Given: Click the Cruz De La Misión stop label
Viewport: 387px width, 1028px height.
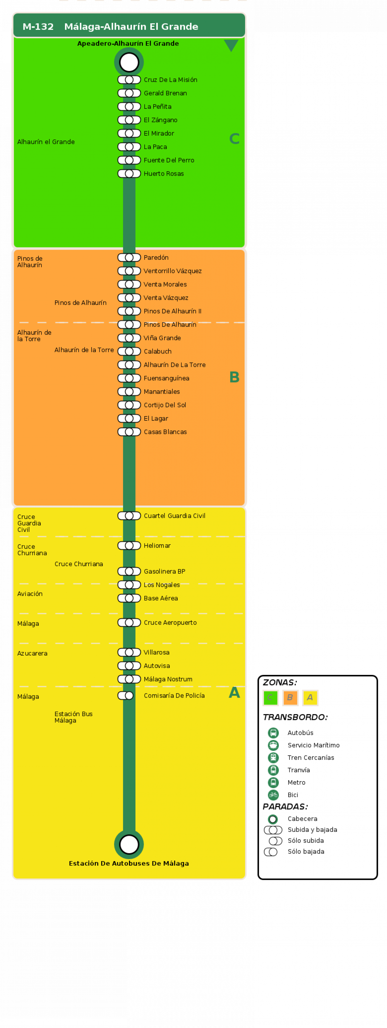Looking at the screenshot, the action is (x=170, y=80).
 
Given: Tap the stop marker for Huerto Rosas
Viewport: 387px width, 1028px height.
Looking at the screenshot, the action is (x=129, y=174).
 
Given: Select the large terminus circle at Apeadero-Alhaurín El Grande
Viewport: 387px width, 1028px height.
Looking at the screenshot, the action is (x=129, y=62).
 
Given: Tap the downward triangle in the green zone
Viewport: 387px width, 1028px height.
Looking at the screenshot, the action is (x=231, y=45).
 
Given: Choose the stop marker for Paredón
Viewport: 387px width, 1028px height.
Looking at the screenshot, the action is (x=129, y=257).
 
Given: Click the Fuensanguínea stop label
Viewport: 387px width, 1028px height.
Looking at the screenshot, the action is (x=166, y=378).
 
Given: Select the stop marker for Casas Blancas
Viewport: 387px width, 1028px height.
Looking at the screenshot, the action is (x=129, y=432).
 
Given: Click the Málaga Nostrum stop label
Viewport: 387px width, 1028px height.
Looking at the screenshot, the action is (x=168, y=679).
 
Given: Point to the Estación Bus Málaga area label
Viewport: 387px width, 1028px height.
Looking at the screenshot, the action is (x=73, y=717).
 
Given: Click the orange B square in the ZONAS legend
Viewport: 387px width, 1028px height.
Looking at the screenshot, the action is (x=290, y=698).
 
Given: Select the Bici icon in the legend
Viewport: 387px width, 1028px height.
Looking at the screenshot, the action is (x=273, y=795).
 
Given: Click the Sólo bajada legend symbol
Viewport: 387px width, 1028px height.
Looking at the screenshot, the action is (x=271, y=852).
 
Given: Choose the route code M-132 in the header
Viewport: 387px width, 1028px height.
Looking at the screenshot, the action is (x=38, y=27).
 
